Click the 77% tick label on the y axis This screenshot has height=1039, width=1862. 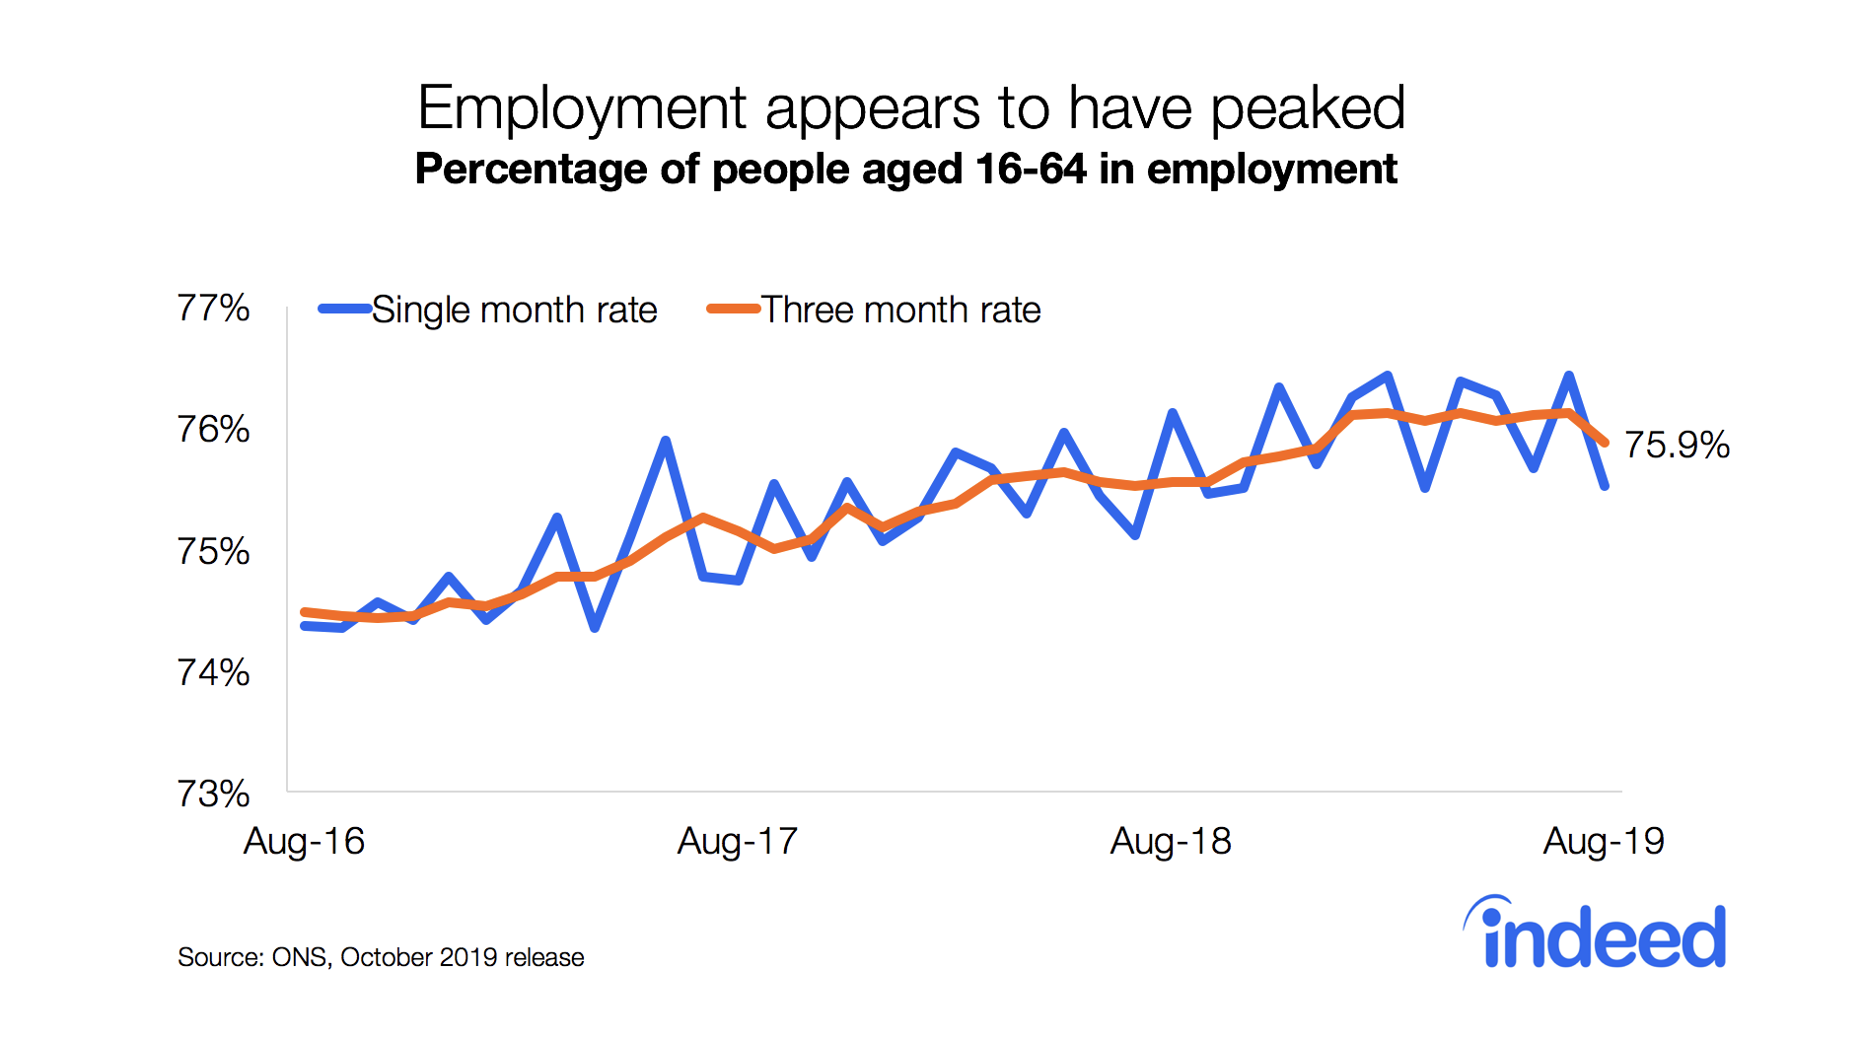tap(213, 309)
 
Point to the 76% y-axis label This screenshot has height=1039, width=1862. tap(213, 430)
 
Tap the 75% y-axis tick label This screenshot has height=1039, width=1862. tap(213, 551)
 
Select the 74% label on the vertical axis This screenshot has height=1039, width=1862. tap(213, 672)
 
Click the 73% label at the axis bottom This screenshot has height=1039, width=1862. tap(213, 794)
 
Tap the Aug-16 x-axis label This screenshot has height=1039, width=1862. tap(304, 841)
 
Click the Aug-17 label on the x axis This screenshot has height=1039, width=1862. tap(737, 841)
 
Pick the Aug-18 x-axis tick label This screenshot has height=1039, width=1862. tap(1171, 841)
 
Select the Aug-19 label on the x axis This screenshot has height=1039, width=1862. tap(1604, 841)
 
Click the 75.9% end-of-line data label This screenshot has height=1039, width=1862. tap(1677, 445)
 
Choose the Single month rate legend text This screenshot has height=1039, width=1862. tap(514, 310)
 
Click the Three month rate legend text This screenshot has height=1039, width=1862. tap(900, 310)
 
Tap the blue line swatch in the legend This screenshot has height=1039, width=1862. tap(344, 309)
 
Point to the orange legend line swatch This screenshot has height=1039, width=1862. tap(733, 309)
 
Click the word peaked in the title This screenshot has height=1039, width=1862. tap(1308, 108)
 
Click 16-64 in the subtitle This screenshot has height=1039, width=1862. tap(1031, 169)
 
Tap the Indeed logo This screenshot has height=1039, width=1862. tap(1596, 934)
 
